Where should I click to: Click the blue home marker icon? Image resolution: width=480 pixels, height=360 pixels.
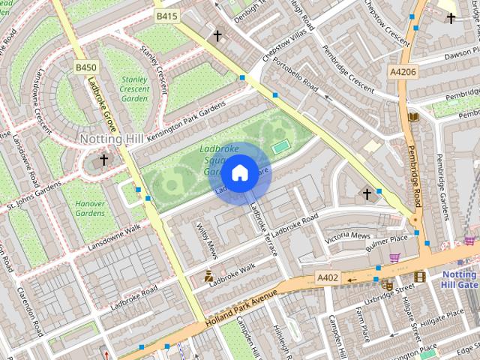[239, 173]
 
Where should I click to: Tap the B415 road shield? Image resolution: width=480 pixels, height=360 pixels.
[166, 16]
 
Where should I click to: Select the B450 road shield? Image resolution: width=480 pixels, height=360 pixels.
[85, 67]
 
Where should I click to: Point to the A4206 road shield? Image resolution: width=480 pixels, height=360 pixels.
[403, 71]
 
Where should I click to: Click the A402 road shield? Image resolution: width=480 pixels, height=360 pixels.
[328, 277]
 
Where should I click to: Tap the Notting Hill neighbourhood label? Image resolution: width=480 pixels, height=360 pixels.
[112, 139]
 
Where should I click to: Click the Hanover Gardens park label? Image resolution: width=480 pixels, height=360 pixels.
[90, 208]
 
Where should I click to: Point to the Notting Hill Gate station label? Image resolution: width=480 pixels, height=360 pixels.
[459, 280]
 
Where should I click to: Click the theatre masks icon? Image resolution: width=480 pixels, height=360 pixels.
[387, 285]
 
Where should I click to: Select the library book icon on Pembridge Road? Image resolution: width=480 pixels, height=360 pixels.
[412, 117]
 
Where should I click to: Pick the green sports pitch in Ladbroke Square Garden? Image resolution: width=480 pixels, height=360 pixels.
[280, 147]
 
